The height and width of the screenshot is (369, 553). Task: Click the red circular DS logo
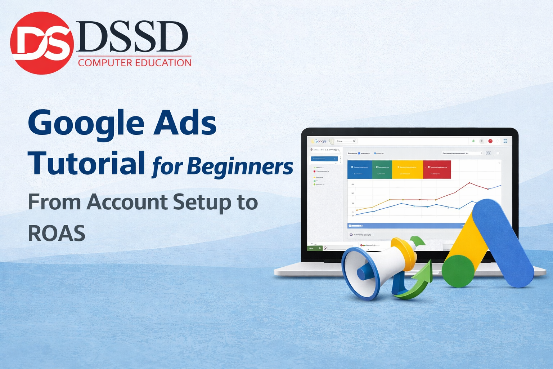42,43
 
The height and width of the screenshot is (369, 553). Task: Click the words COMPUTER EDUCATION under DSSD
135,63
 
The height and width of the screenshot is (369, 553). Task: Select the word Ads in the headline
185,123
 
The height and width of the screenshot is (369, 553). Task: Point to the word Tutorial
86,163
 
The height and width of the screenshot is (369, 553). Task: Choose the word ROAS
57,234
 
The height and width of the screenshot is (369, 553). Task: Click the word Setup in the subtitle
202,202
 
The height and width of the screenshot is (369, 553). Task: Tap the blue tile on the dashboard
359,170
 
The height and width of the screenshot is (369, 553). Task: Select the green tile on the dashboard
382,170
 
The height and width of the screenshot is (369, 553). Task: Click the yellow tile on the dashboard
407,170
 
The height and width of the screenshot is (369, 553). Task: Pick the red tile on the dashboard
437,170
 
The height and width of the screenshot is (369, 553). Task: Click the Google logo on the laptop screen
320,141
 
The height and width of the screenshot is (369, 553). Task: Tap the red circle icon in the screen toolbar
490,141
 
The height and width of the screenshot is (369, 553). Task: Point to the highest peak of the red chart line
469,183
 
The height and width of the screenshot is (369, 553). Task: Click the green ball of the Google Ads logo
458,271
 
